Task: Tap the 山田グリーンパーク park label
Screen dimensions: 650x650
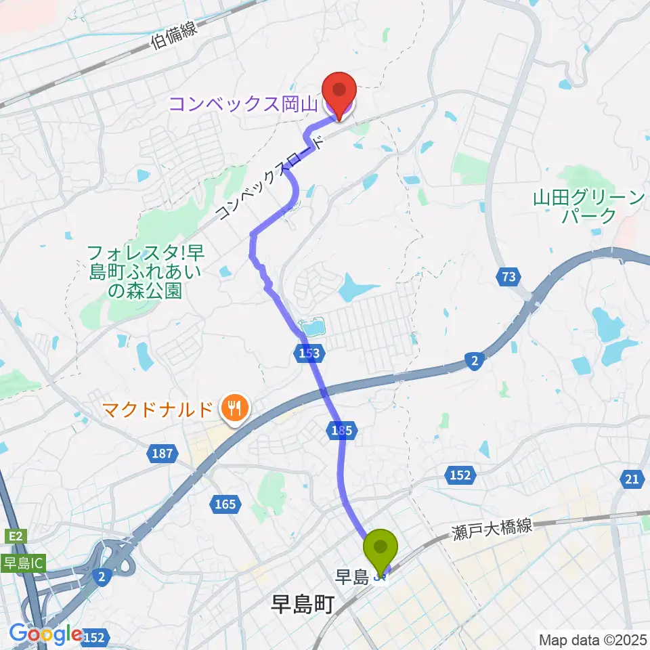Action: coord(588,207)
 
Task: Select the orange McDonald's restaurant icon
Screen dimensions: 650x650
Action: coord(234,409)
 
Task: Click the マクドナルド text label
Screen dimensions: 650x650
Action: coord(158,409)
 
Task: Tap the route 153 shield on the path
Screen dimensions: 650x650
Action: coord(311,352)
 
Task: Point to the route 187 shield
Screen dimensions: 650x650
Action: coord(162,453)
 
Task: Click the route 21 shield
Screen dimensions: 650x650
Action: coord(632,479)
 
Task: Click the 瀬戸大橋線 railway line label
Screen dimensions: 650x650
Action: coord(492,529)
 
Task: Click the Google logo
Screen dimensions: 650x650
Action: coord(46,634)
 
